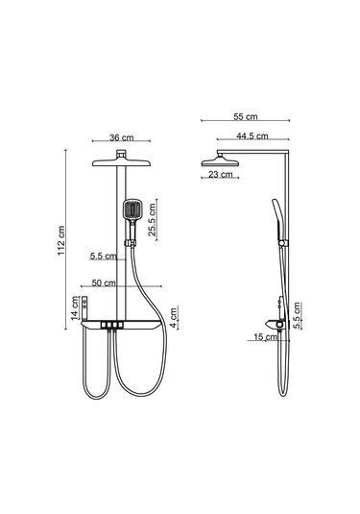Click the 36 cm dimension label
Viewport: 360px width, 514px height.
(122, 137)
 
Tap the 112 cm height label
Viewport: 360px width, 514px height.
(61, 240)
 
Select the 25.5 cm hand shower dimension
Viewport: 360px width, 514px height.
(152, 220)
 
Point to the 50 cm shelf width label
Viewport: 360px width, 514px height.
(104, 282)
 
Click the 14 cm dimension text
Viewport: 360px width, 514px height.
(75, 307)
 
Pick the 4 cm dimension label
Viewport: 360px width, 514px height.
(174, 317)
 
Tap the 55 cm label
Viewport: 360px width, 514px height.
(246, 116)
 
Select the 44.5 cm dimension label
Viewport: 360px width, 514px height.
(252, 135)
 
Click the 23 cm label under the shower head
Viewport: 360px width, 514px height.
(220, 174)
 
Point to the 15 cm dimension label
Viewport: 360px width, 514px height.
(265, 336)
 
